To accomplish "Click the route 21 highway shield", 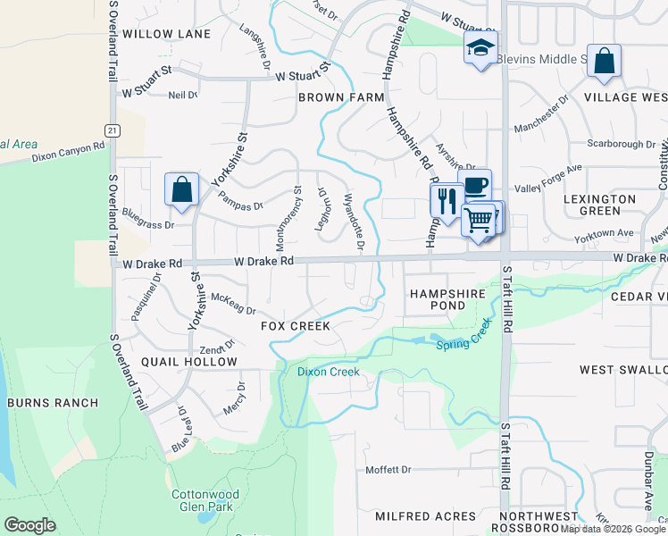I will pos(112,130).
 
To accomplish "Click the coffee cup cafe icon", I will pos(476,185).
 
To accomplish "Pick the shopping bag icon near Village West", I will pos(604,62).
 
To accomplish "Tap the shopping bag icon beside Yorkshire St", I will pos(181,189).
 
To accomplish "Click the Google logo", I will pos(29,525).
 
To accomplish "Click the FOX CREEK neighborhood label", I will pos(296,326).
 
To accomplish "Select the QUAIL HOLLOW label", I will pos(189,362).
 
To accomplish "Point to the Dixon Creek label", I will pos(329,372).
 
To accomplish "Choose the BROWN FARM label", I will pos(341,96).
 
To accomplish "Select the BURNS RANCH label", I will pos(53,403).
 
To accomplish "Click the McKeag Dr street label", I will pos(233,305).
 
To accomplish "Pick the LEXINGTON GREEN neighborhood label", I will pos(600,205).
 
